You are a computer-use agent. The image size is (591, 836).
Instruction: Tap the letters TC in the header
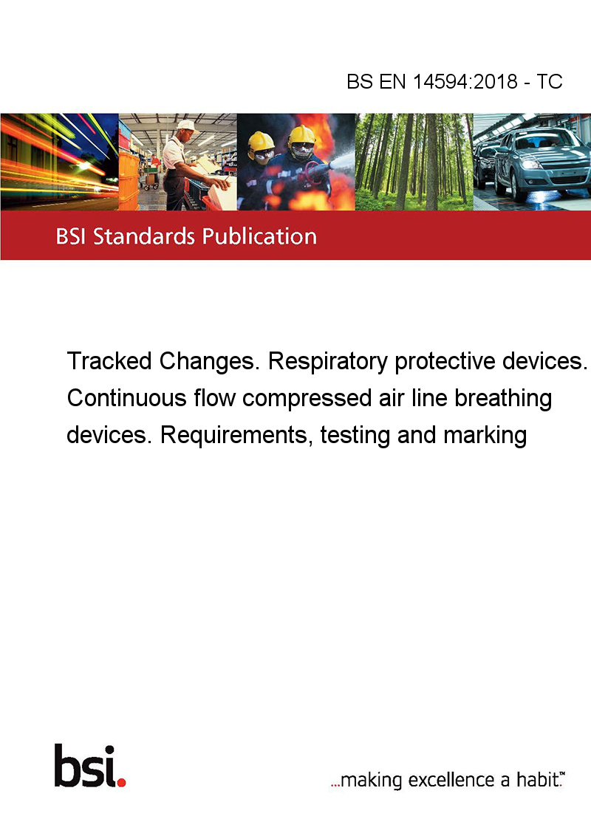(x=550, y=81)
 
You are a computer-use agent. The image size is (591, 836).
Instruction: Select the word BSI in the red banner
(x=72, y=236)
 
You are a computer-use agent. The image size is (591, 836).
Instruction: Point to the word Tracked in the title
(x=109, y=361)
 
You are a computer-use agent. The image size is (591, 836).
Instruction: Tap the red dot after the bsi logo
(x=121, y=782)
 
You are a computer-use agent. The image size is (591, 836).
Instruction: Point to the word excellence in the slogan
(x=451, y=780)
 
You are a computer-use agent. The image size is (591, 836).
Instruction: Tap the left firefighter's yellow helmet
(x=261, y=142)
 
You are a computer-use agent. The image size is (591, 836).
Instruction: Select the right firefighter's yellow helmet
(x=302, y=135)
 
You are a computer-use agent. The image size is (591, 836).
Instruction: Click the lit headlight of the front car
(x=531, y=164)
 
